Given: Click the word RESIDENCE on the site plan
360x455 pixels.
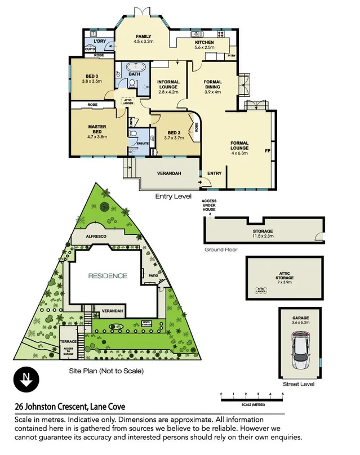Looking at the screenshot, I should (x=107, y=276).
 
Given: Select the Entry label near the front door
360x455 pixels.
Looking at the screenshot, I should (x=214, y=173).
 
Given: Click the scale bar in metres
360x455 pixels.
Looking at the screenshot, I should (x=251, y=399).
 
